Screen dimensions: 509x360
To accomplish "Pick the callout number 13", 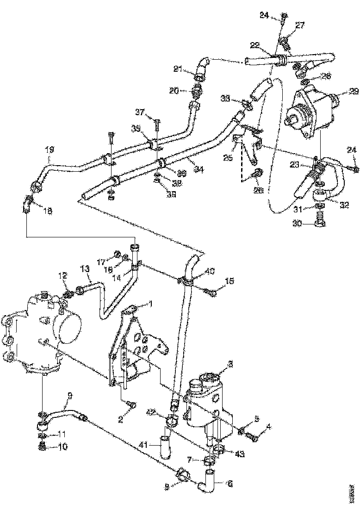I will (x=84, y=268).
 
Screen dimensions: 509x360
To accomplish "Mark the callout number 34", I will (x=186, y=169).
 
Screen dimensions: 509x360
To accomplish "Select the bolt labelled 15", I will (x=212, y=292).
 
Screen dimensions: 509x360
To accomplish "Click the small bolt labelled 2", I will (x=133, y=405).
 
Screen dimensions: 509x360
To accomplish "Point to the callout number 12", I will (x=63, y=276).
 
